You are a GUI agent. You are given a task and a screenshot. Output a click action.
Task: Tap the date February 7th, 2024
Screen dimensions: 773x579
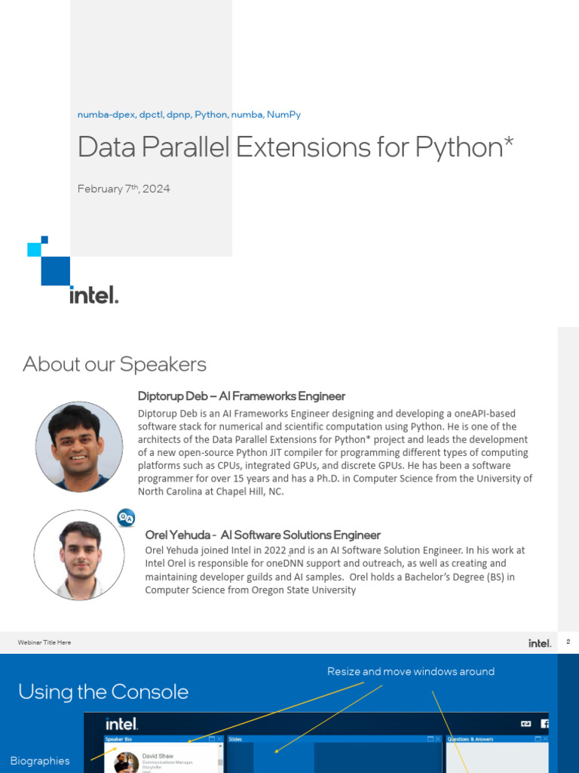click(124, 189)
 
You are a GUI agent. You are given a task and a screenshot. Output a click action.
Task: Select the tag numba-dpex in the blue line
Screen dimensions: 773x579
click(106, 115)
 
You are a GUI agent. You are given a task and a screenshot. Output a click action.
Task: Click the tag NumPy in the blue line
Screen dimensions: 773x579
click(283, 115)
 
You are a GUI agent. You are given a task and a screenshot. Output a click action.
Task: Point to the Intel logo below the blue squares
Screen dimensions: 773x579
click(93, 294)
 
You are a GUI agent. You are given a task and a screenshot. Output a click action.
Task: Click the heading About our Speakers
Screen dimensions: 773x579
click(115, 365)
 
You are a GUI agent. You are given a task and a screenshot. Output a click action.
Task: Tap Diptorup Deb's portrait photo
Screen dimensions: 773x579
click(79, 447)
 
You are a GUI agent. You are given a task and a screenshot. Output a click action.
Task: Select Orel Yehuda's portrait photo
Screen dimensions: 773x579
click(79, 555)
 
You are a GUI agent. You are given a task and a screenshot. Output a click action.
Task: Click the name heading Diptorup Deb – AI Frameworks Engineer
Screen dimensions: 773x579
click(241, 396)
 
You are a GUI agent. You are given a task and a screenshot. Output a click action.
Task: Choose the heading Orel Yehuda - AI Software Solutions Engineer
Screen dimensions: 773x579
click(262, 535)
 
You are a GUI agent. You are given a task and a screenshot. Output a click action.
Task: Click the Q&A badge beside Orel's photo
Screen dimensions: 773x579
click(126, 518)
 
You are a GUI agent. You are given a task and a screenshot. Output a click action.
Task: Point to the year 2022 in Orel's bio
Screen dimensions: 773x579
click(274, 550)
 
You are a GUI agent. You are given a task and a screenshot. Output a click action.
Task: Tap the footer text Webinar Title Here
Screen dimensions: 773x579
click(44, 642)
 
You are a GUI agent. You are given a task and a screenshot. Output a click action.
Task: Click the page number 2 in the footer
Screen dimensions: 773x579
click(568, 642)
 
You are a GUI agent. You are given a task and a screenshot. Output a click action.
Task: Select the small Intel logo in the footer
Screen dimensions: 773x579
click(540, 643)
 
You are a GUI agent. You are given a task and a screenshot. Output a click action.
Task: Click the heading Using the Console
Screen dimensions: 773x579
click(103, 691)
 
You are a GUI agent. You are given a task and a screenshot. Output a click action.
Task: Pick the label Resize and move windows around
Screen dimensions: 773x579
click(411, 672)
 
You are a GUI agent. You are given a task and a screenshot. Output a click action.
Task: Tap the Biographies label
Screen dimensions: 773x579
click(40, 761)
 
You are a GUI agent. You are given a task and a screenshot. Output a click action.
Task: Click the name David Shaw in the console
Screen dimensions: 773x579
click(158, 756)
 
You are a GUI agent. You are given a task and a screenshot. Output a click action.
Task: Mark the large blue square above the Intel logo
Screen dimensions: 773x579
click(55, 271)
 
